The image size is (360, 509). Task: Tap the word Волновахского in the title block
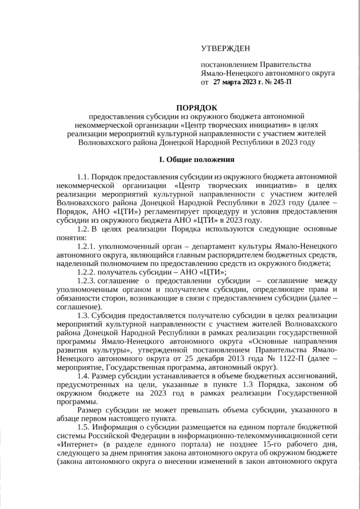(105, 143)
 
